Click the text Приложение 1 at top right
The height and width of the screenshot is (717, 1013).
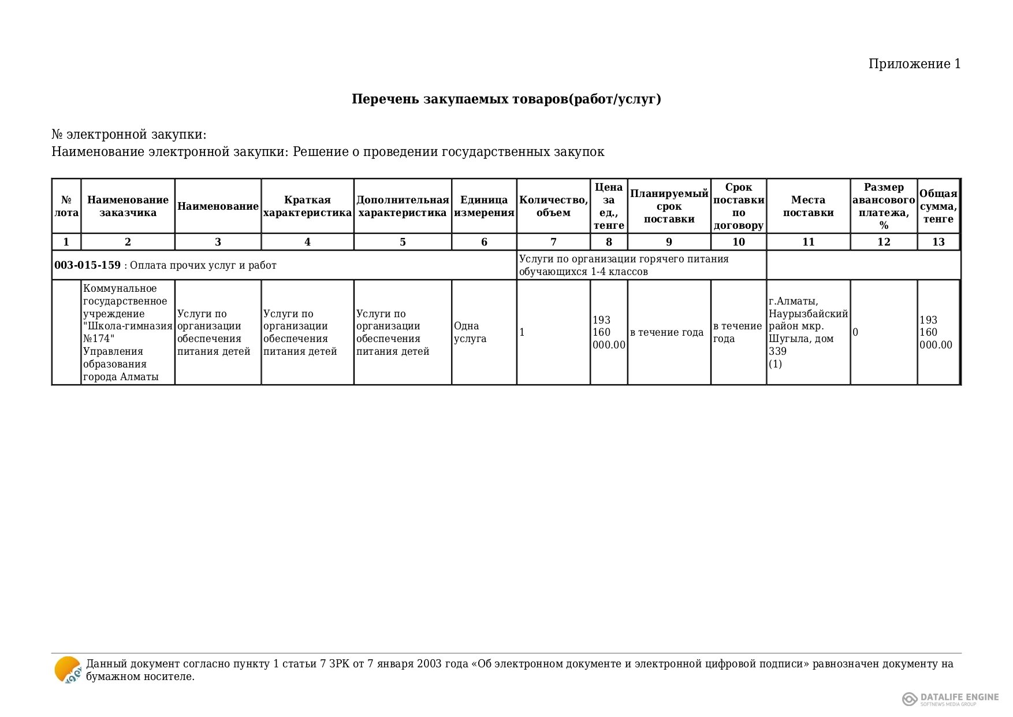click(x=914, y=64)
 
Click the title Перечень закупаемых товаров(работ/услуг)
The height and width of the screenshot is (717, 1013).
click(x=506, y=99)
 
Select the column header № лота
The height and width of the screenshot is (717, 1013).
click(x=66, y=206)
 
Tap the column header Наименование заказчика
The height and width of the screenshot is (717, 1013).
click(x=128, y=206)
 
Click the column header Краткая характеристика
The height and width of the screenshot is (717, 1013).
click(x=307, y=206)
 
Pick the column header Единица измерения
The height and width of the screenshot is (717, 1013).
click(x=484, y=206)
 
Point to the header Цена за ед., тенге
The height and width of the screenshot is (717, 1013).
click(x=609, y=206)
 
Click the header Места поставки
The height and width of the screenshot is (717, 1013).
click(x=808, y=206)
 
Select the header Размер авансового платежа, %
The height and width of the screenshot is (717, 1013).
click(x=884, y=206)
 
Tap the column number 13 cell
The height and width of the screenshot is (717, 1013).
click(x=938, y=242)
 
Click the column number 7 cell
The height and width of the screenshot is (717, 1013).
click(x=553, y=242)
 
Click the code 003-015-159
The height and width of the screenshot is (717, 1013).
click(x=87, y=265)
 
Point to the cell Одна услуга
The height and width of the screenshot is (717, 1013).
click(x=470, y=332)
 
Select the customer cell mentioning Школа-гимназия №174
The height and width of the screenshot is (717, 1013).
click(x=128, y=332)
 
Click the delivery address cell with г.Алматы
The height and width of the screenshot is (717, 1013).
click(x=808, y=332)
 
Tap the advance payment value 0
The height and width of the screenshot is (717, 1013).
click(x=856, y=332)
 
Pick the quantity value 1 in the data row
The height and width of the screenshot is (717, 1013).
click(x=522, y=332)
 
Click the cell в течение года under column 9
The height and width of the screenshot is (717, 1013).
click(x=667, y=332)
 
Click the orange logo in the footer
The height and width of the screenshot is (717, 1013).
click(x=68, y=670)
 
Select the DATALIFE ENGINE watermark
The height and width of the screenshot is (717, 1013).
click(x=951, y=699)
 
